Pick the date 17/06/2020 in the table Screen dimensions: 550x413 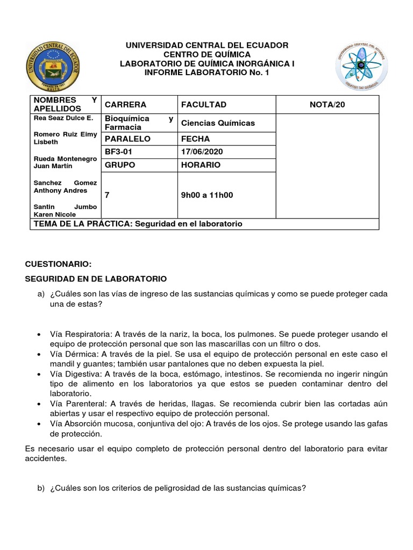(202, 152)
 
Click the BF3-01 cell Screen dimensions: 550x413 (118, 152)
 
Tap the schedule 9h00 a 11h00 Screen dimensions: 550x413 (207, 195)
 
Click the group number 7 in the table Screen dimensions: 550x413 (107, 195)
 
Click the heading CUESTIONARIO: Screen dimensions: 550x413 (59, 264)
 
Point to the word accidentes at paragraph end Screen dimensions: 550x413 (45, 459)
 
